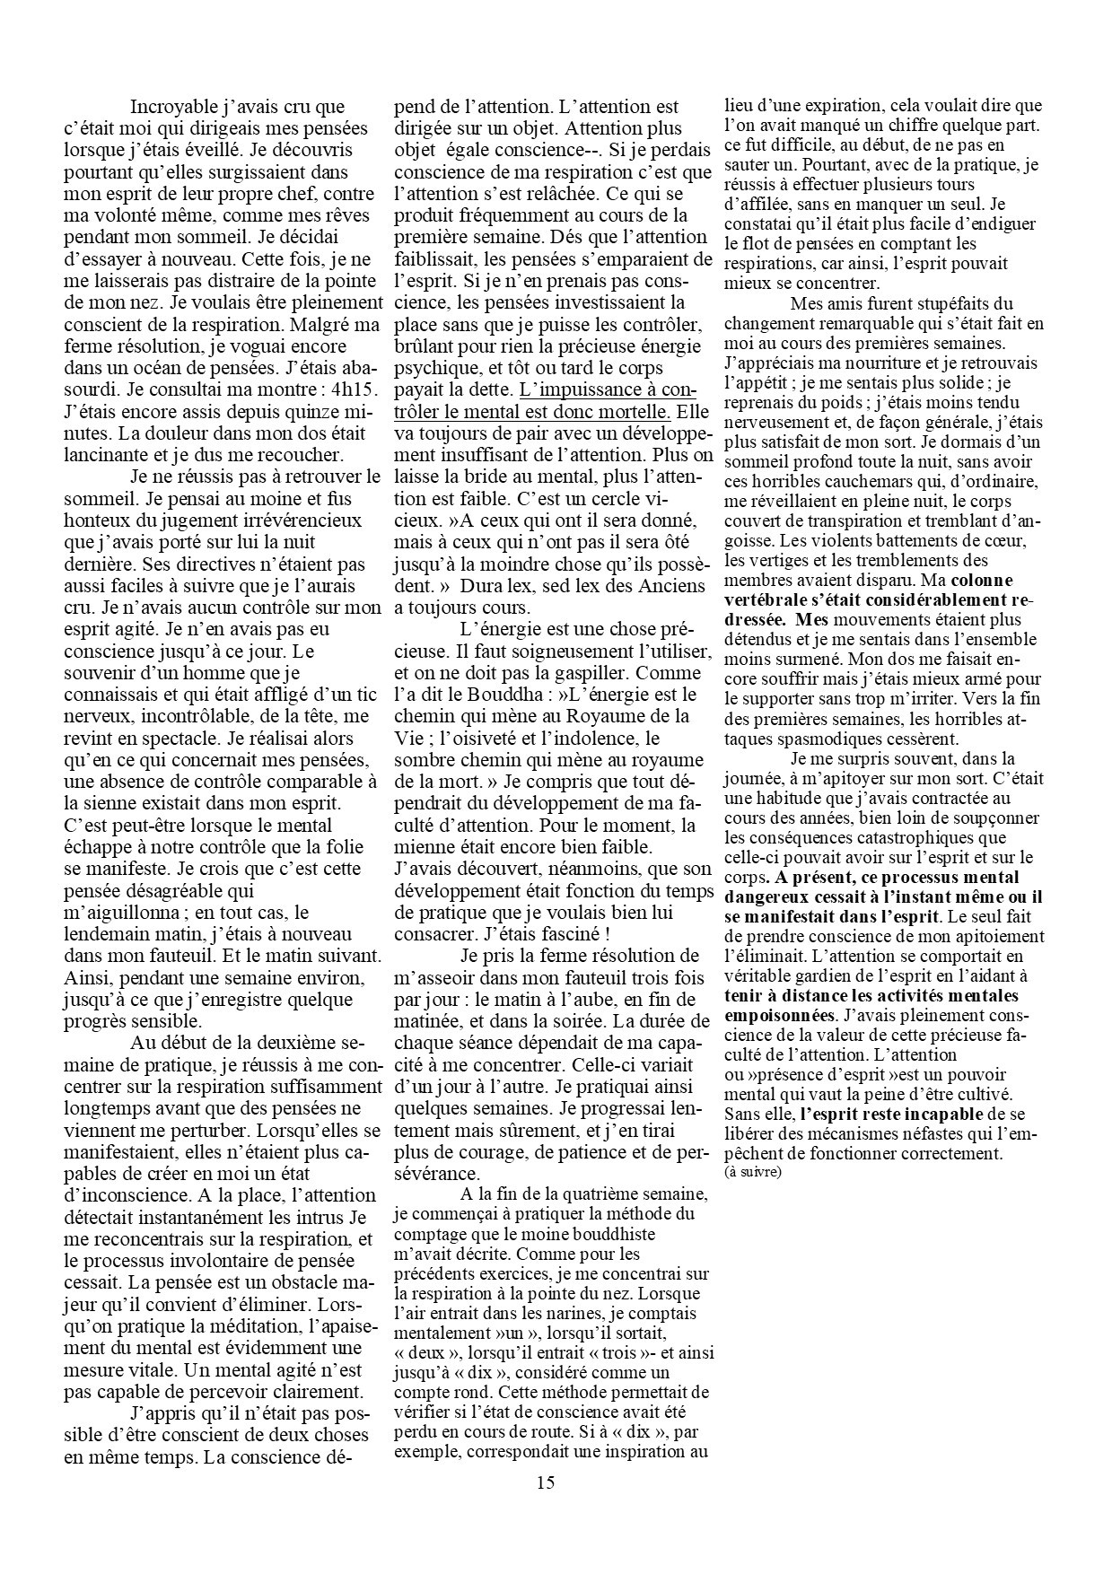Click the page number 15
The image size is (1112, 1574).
546,1507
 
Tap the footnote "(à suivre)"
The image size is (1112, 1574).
753,1172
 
